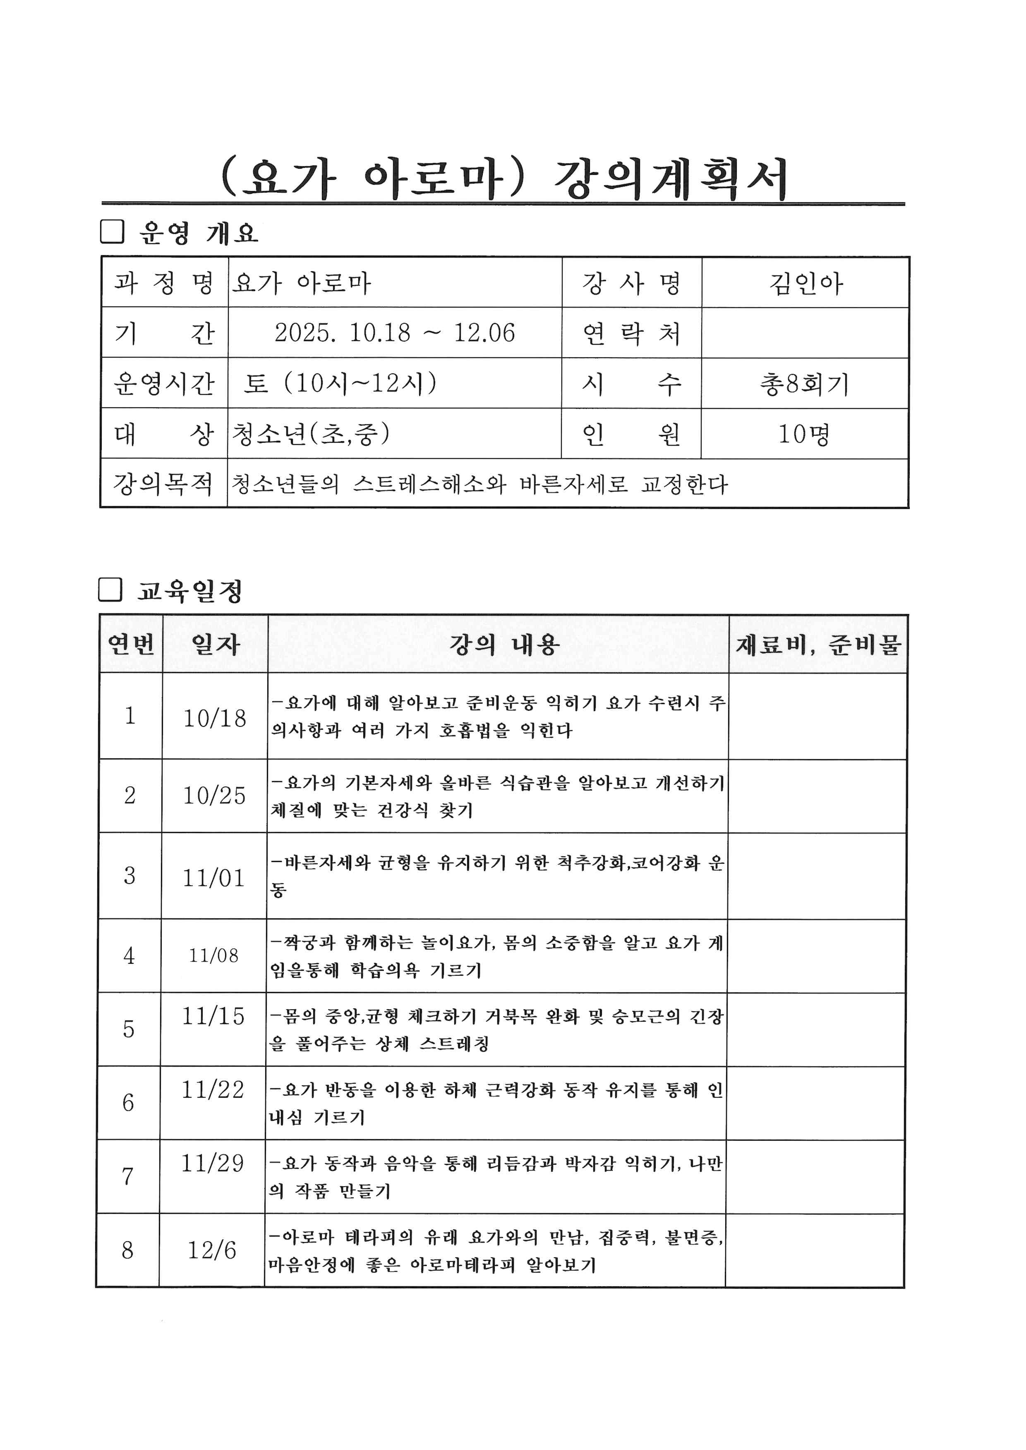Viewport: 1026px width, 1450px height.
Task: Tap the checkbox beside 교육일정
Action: (x=110, y=590)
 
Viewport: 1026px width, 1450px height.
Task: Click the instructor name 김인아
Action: (x=805, y=283)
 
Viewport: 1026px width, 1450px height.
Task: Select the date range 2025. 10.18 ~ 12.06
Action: (x=394, y=333)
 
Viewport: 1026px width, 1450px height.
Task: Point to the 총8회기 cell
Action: (x=804, y=383)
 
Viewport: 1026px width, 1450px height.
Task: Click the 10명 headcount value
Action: (x=803, y=434)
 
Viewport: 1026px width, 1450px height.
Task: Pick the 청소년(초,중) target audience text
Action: (x=310, y=434)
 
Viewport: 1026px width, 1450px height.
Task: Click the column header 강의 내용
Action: (x=503, y=644)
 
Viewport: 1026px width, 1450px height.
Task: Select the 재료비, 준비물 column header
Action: (x=817, y=644)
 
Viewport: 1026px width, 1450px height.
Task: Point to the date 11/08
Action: (x=213, y=956)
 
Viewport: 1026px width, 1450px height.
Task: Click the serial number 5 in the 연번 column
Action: (x=129, y=1030)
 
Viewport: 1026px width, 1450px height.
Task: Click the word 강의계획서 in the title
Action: (x=670, y=179)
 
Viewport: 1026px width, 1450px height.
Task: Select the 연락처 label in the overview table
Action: (x=631, y=333)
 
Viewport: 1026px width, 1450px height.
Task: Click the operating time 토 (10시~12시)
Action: (x=340, y=383)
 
